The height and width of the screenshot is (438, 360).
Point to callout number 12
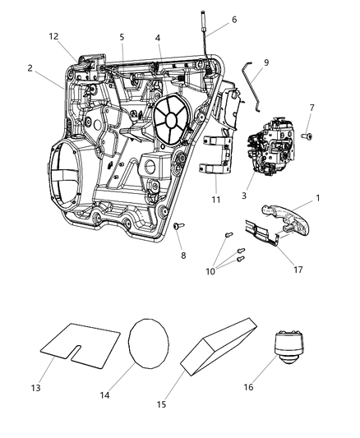click(x=54, y=36)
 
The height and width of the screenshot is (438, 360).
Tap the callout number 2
click(x=30, y=68)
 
